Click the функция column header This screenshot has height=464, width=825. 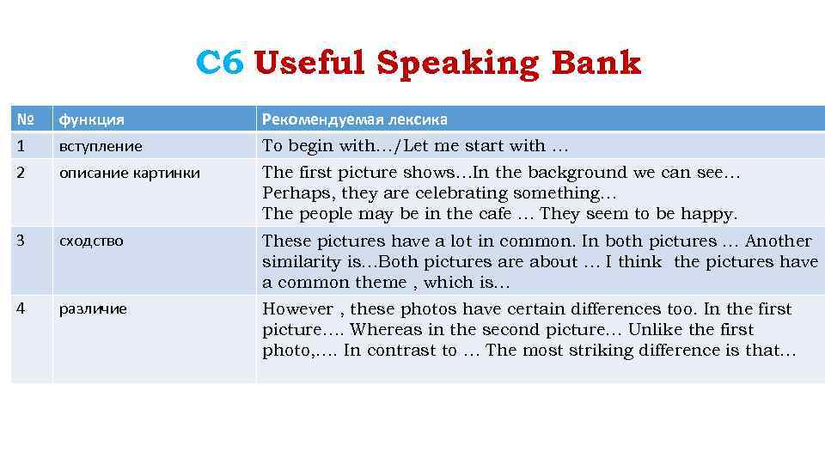tap(91, 119)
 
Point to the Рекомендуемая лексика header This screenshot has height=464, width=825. tap(354, 119)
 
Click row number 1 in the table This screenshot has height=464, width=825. tap(20, 146)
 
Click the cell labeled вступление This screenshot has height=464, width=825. tap(101, 146)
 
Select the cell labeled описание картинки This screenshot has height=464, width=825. tap(129, 173)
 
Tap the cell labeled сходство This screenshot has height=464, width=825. tap(91, 241)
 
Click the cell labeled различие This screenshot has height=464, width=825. tap(93, 308)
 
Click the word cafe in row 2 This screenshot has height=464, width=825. tap(491, 214)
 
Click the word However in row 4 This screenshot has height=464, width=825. tap(297, 309)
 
